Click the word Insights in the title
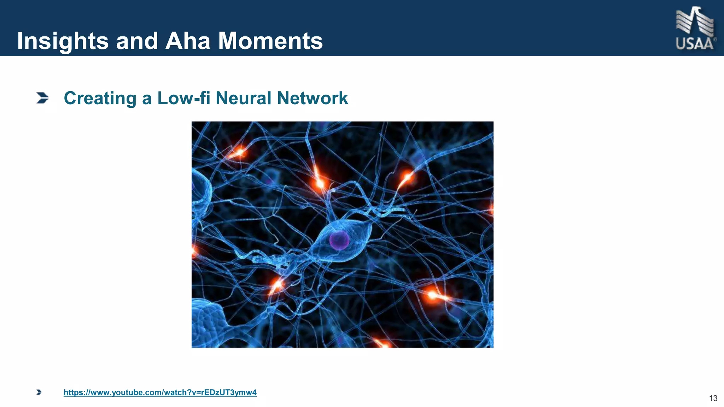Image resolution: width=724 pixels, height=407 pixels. (63, 41)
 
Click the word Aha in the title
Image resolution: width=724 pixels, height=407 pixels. (188, 41)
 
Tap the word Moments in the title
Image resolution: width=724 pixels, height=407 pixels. (270, 41)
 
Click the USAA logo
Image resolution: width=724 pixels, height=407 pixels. (695, 29)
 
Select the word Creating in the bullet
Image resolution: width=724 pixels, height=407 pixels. (100, 98)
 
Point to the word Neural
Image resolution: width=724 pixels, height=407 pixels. (243, 98)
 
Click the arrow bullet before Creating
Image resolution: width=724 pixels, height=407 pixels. (42, 98)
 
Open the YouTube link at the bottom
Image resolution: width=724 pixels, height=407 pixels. (160, 393)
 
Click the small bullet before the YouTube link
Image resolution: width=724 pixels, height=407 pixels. (39, 392)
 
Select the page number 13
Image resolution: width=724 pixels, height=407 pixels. (713, 399)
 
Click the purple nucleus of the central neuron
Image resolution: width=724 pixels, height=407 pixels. (339, 240)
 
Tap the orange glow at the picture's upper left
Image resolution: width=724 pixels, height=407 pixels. (239, 153)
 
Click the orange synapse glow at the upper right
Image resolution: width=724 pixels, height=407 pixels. (407, 177)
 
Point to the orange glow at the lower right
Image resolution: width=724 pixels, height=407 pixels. (432, 294)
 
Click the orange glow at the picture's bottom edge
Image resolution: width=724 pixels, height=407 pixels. (382, 343)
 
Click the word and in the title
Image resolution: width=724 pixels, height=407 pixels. (137, 41)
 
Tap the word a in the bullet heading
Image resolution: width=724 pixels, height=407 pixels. (147, 99)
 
